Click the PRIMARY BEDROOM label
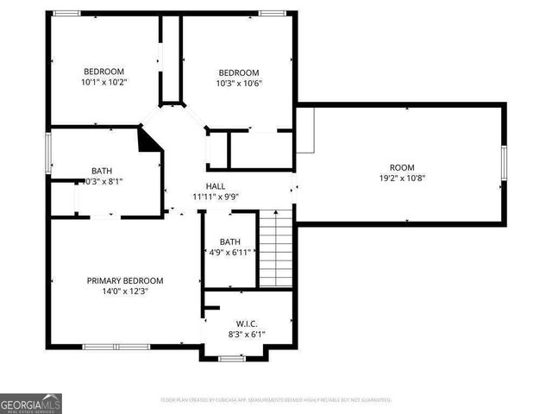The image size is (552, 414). [x=124, y=280]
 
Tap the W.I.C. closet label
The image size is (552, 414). [x=246, y=323]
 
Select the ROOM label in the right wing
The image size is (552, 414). [x=402, y=167]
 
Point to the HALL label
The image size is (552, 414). [x=215, y=186]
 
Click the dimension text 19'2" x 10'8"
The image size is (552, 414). [x=402, y=179]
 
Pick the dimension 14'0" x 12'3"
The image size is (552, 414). [x=124, y=292]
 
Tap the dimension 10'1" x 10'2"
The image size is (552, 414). [x=103, y=83]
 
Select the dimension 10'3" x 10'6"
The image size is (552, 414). [x=239, y=84]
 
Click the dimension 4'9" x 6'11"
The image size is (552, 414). [x=229, y=252]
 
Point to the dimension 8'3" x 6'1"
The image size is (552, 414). [x=246, y=335]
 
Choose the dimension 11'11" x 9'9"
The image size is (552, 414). [x=215, y=197]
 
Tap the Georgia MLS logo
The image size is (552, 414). [x=31, y=403]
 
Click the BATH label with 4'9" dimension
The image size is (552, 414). [x=229, y=241]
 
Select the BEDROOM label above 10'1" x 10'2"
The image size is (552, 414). [x=103, y=72]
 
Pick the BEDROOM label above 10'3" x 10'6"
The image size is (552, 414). [x=239, y=72]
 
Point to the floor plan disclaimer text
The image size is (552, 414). [x=276, y=400]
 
